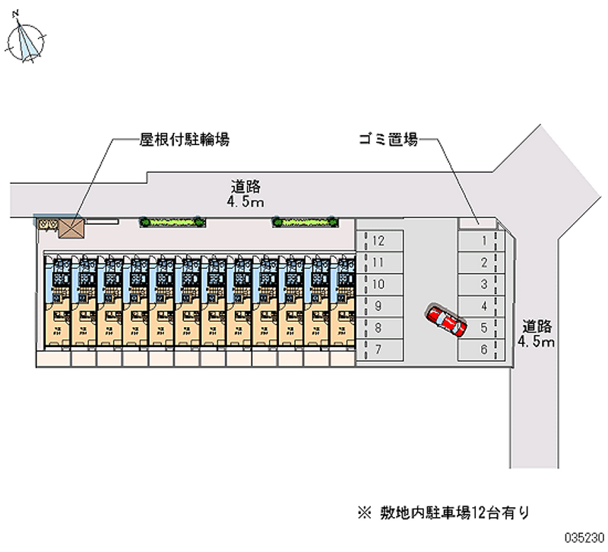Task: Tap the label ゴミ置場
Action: click(x=388, y=140)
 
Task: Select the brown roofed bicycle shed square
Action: click(x=73, y=227)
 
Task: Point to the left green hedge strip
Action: click(x=172, y=222)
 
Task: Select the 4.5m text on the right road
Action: click(x=537, y=342)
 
